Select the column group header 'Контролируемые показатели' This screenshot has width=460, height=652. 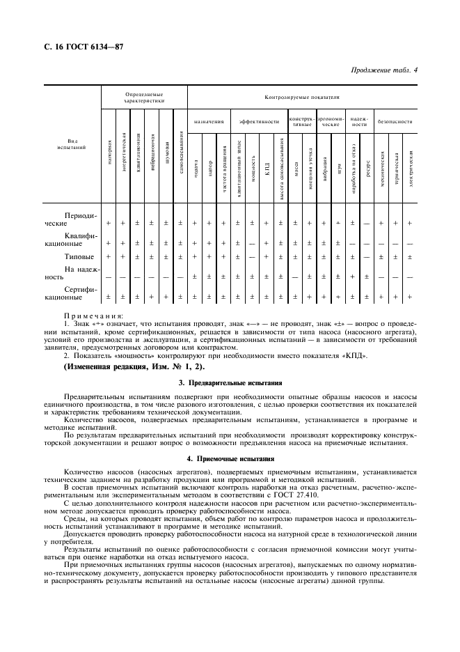[x=301, y=98]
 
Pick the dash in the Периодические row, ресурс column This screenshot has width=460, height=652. [x=366, y=223]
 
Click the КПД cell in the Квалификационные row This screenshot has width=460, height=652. [x=267, y=243]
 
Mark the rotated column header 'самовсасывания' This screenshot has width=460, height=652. [x=180, y=153]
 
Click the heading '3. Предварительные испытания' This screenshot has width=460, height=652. [x=230, y=382]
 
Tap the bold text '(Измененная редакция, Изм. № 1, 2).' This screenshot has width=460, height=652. [x=134, y=366]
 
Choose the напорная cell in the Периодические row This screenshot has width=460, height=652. [x=109, y=223]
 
